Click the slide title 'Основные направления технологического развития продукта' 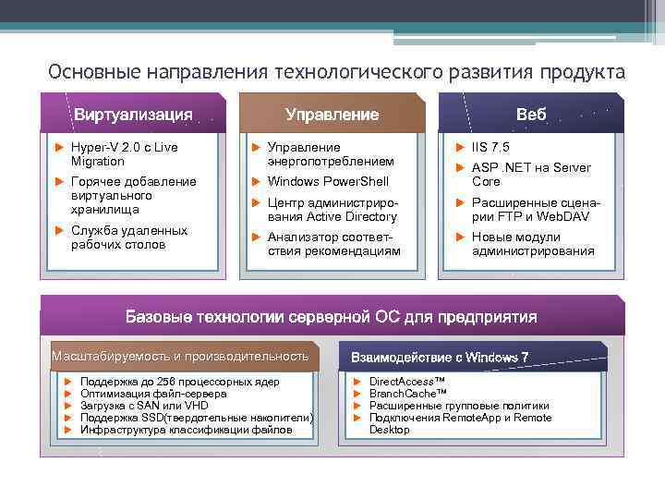point(336,72)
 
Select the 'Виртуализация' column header point(133,115)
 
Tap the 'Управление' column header point(332,115)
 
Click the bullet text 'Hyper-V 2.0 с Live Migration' point(125,153)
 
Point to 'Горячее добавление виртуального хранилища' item point(133,195)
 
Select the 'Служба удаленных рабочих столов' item point(128,237)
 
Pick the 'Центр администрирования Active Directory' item point(332,209)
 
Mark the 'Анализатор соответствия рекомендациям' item point(333,244)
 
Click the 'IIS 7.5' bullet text point(490,147)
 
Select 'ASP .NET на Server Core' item point(530,175)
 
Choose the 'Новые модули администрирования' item point(533,244)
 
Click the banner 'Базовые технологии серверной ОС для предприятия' point(331,317)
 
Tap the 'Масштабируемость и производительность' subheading point(180,356)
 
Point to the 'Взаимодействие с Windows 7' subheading point(439,358)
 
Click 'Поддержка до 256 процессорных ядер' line point(180,381)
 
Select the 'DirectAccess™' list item point(406,381)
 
